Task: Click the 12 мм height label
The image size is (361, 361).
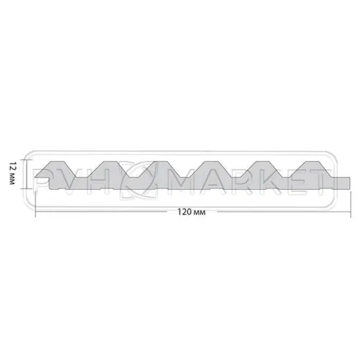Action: (x=12, y=174)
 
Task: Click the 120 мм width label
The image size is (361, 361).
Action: (x=191, y=212)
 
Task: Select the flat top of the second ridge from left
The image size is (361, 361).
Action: (x=109, y=161)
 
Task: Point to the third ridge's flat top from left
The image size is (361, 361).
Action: (x=161, y=161)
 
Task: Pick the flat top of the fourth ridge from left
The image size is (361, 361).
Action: (x=214, y=161)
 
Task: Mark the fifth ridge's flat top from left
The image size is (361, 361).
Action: (x=266, y=161)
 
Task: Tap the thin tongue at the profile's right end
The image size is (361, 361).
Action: (x=342, y=180)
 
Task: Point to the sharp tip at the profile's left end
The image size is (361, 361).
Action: (x=35, y=177)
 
